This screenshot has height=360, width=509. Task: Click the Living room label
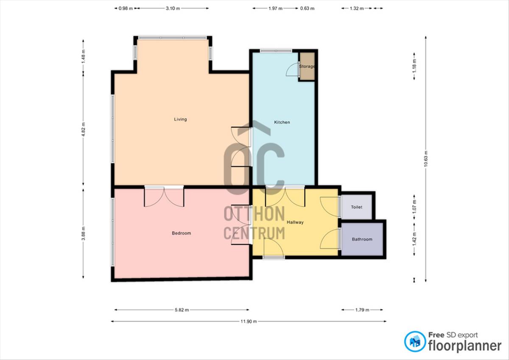[180, 119]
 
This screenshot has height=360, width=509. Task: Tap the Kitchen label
[282, 122]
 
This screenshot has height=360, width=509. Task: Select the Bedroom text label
[182, 233]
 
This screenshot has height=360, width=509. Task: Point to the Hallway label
[295, 222]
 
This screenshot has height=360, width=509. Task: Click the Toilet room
[357, 207]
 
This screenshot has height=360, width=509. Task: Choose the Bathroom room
[362, 239]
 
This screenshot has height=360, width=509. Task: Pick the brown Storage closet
[307, 66]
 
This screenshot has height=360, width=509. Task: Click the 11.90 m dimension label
[249, 321]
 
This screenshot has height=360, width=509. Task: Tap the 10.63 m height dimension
[425, 159]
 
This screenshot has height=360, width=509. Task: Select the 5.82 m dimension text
[182, 310]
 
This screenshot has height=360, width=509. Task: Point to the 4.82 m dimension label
[84, 129]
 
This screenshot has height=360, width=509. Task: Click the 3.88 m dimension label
[84, 233]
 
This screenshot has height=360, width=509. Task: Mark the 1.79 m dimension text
[362, 310]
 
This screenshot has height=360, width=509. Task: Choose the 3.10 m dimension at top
[173, 8]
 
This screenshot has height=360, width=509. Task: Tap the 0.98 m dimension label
[126, 8]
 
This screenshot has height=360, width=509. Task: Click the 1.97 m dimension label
[275, 8]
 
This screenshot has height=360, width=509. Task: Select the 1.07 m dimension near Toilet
[414, 206]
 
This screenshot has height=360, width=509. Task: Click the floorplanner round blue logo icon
[415, 342]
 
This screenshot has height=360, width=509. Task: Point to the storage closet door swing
[292, 69]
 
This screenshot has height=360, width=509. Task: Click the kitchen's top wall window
[276, 50]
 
